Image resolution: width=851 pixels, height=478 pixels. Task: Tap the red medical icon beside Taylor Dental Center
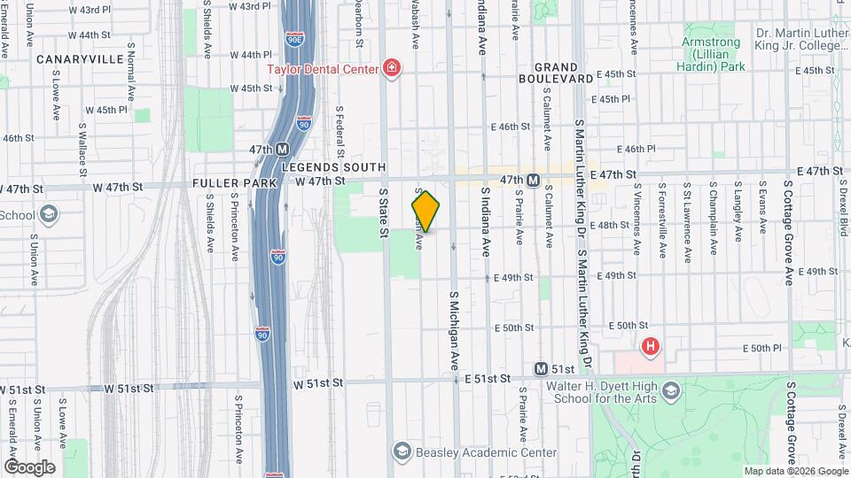(390, 68)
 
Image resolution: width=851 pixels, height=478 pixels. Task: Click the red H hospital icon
(651, 346)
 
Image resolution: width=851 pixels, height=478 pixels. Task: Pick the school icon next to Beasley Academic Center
(403, 452)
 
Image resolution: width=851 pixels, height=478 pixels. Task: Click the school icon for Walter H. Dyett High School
(671, 390)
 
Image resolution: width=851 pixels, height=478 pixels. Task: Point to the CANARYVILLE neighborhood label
(79, 59)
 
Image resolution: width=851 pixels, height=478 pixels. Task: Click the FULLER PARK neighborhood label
(234, 183)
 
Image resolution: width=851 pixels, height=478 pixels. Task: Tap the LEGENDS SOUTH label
(333, 167)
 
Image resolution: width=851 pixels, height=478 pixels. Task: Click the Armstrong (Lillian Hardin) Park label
(714, 53)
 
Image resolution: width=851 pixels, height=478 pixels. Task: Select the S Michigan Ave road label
(453, 330)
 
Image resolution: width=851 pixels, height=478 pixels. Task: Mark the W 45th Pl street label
(113, 110)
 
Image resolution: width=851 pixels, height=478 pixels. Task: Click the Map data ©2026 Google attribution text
(795, 471)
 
